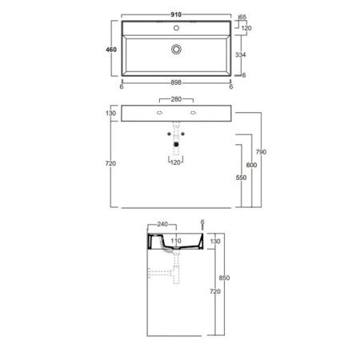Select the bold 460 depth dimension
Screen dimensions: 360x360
pos(112,50)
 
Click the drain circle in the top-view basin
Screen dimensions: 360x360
pos(176,49)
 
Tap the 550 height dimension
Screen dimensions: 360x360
pos(239,178)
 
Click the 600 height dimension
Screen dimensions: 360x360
pos(251,165)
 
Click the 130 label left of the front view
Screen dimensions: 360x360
pos(112,114)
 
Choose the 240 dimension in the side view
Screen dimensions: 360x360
pos(162,226)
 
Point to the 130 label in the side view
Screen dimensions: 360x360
pos(214,241)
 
